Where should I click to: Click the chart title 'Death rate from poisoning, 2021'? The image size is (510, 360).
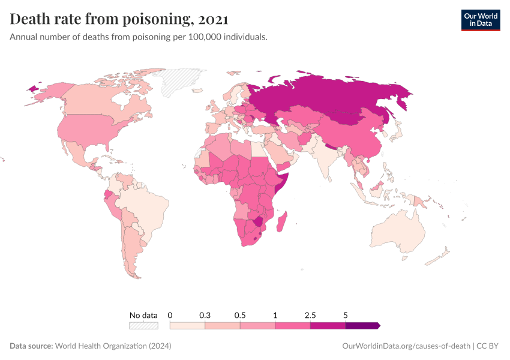point(119,19)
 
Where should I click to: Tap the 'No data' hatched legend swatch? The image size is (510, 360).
point(143,325)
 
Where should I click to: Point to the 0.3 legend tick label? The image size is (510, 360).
point(205,315)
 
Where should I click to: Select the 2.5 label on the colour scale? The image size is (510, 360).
point(310,315)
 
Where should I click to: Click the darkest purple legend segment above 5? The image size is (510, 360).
point(362,325)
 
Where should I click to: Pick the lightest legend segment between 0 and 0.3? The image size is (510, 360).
point(187,325)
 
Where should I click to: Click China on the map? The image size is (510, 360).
point(354,138)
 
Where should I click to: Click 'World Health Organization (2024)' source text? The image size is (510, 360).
point(113,346)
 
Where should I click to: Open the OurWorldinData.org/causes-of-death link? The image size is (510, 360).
point(406,346)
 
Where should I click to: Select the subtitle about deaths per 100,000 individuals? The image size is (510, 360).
point(139,37)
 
